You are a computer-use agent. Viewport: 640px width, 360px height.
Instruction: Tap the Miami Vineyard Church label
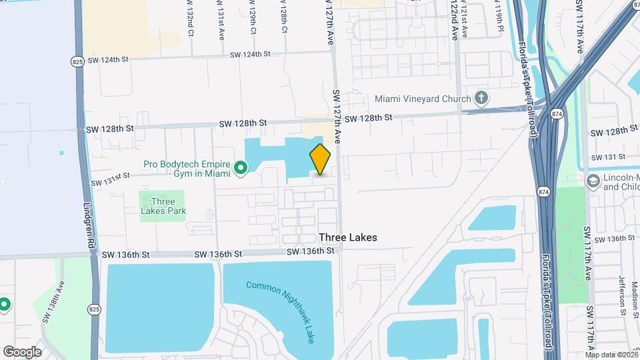tap(423, 99)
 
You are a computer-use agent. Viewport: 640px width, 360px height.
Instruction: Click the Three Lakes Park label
tap(163, 206)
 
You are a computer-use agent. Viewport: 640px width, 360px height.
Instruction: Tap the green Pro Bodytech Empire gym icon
tap(240, 169)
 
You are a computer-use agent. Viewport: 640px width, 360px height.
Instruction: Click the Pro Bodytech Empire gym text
tap(187, 169)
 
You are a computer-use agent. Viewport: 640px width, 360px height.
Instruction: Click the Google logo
tap(22, 352)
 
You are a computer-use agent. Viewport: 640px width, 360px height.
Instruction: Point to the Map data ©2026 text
tap(611, 354)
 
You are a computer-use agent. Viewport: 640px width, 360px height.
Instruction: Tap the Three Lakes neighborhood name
tap(347, 237)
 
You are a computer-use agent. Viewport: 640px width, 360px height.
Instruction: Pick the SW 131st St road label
tap(110, 178)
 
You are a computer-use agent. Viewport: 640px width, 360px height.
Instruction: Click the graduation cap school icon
tap(593, 181)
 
